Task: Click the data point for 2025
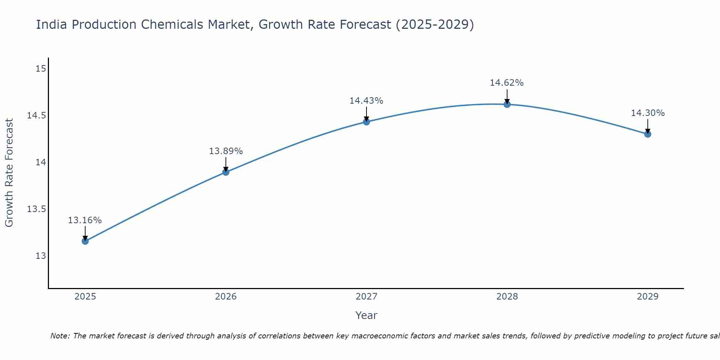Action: click(x=85, y=241)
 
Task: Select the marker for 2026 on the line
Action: click(x=226, y=172)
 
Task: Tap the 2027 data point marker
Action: click(x=366, y=122)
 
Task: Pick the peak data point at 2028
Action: click(x=507, y=104)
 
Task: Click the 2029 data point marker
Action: click(x=648, y=134)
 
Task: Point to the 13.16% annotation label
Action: click(x=85, y=220)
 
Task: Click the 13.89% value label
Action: click(x=226, y=151)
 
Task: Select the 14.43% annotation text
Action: click(x=366, y=101)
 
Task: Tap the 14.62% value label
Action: click(x=507, y=83)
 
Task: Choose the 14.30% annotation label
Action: click(x=648, y=113)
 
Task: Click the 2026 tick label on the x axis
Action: click(x=226, y=297)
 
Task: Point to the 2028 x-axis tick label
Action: click(x=507, y=297)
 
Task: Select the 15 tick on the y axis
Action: click(x=41, y=68)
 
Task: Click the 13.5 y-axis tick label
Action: click(x=36, y=209)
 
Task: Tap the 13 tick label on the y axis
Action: click(x=41, y=256)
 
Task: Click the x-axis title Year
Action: click(x=366, y=315)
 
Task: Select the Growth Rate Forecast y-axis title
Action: click(x=9, y=173)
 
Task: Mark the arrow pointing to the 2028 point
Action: click(x=507, y=96)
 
